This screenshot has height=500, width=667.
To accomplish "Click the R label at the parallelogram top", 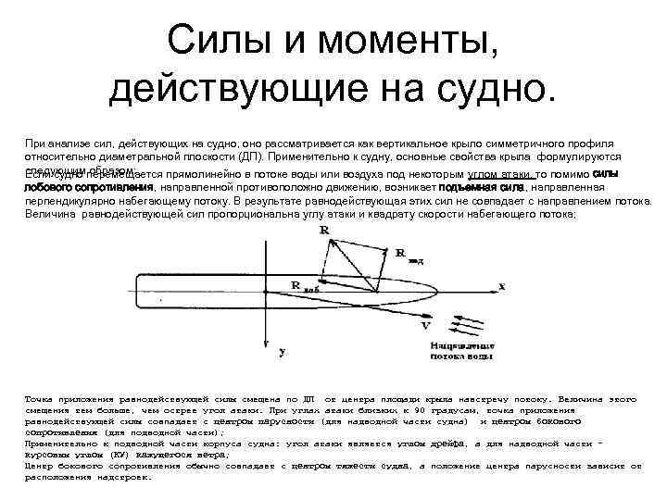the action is (323, 231).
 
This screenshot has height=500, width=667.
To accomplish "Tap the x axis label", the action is (501, 285).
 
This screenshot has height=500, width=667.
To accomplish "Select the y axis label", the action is (282, 352).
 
